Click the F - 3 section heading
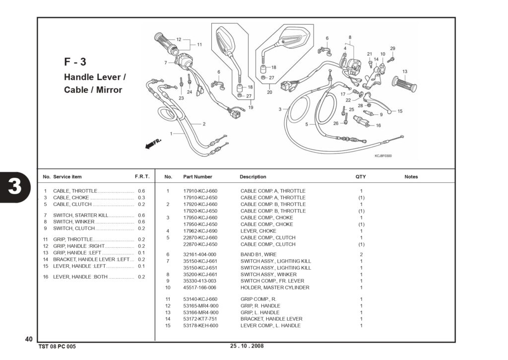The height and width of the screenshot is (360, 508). [x=75, y=62]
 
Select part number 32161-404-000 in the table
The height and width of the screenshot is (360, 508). [x=199, y=255]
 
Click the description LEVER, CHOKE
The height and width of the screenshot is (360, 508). [x=258, y=231]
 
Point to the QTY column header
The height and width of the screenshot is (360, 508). [x=361, y=177]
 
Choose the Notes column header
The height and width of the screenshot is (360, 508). [x=411, y=177]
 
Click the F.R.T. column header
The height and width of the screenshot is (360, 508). [x=142, y=177]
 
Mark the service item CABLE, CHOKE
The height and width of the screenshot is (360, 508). [x=71, y=198]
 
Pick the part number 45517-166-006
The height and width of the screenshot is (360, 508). [x=199, y=288]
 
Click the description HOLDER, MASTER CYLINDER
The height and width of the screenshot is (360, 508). [x=275, y=288]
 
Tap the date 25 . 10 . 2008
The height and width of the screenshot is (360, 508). [x=247, y=346]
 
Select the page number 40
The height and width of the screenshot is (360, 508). [x=29, y=339]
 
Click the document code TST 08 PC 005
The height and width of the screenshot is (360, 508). [x=57, y=347]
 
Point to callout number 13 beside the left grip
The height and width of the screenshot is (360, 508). [x=405, y=72]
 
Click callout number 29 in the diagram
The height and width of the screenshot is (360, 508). [x=393, y=48]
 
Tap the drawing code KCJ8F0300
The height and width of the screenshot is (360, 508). [x=383, y=156]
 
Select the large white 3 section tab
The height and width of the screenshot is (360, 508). [x=15, y=187]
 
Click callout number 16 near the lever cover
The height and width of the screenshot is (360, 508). [x=378, y=126]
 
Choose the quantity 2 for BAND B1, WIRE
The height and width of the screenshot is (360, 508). [x=361, y=255]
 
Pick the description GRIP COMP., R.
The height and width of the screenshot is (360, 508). [x=258, y=299]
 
